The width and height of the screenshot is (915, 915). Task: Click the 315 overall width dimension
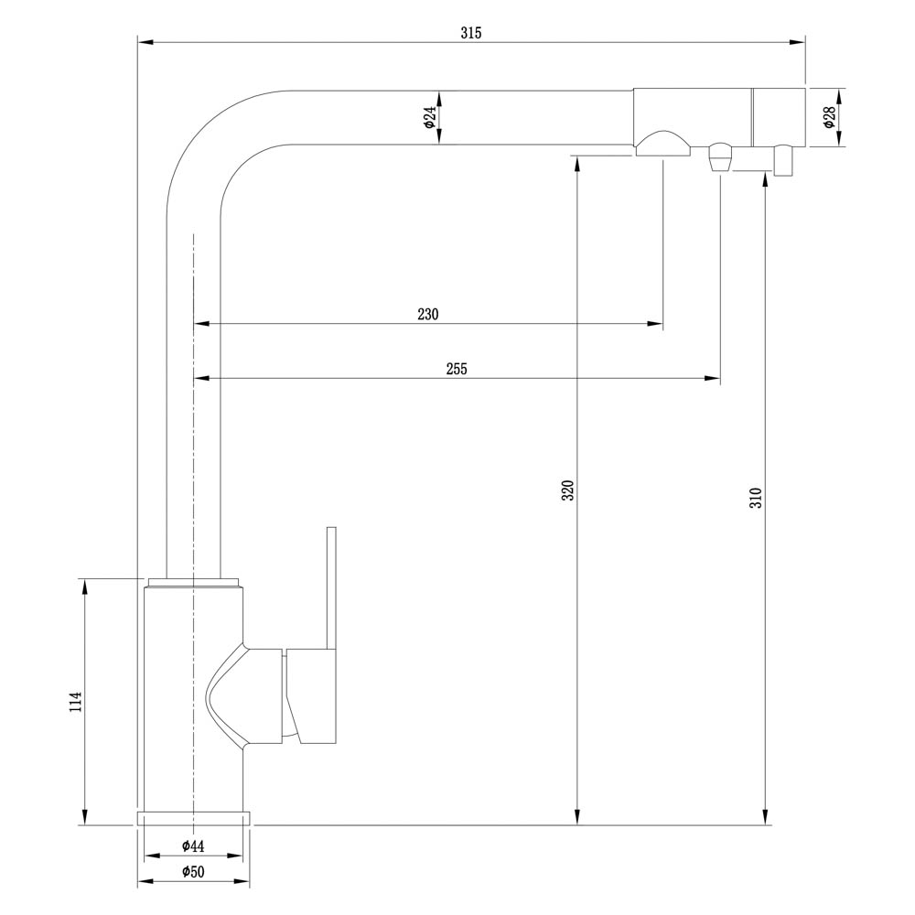tap(471, 33)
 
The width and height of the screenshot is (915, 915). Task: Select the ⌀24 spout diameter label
tap(430, 117)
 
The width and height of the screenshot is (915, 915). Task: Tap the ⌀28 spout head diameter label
tap(829, 117)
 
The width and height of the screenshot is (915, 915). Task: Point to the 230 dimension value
tap(427, 314)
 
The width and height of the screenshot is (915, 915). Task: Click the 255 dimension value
tap(457, 369)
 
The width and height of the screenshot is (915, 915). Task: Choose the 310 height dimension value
tap(757, 497)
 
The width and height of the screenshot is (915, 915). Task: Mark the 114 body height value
tap(76, 702)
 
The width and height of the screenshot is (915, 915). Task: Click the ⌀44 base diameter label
tap(193, 845)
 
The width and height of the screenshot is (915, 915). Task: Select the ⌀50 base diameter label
tap(193, 872)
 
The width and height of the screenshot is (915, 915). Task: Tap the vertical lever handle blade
tap(332, 588)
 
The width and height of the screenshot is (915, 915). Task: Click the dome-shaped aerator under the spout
tap(662, 144)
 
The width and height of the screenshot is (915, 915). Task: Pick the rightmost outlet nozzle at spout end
tap(783, 161)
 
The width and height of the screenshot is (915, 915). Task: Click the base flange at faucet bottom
tap(193, 818)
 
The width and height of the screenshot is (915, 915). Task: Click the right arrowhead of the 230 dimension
tap(656, 323)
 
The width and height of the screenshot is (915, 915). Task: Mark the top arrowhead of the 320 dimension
tap(576, 165)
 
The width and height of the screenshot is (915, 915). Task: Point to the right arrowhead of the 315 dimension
tap(798, 42)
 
